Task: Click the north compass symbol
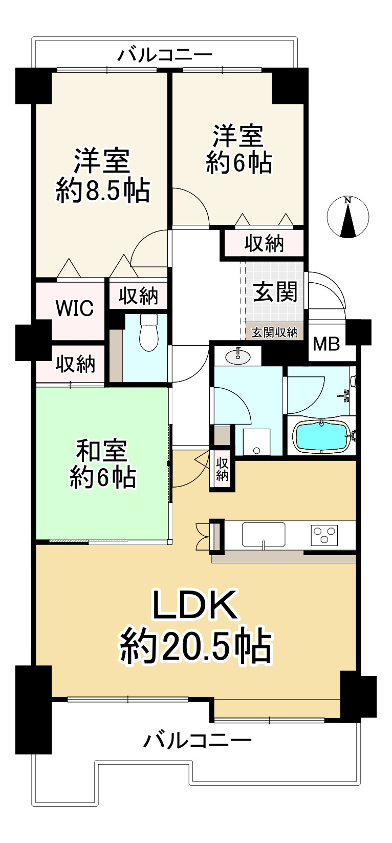348,217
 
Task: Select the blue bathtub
321,437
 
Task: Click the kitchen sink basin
263,535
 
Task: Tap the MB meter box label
326,344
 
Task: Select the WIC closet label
75,308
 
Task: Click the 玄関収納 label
274,332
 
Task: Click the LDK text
195,605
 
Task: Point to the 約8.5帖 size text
103,191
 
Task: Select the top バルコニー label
165,54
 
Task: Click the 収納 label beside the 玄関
264,244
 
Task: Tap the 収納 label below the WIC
75,364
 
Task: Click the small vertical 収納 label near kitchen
222,469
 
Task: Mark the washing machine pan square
256,441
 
